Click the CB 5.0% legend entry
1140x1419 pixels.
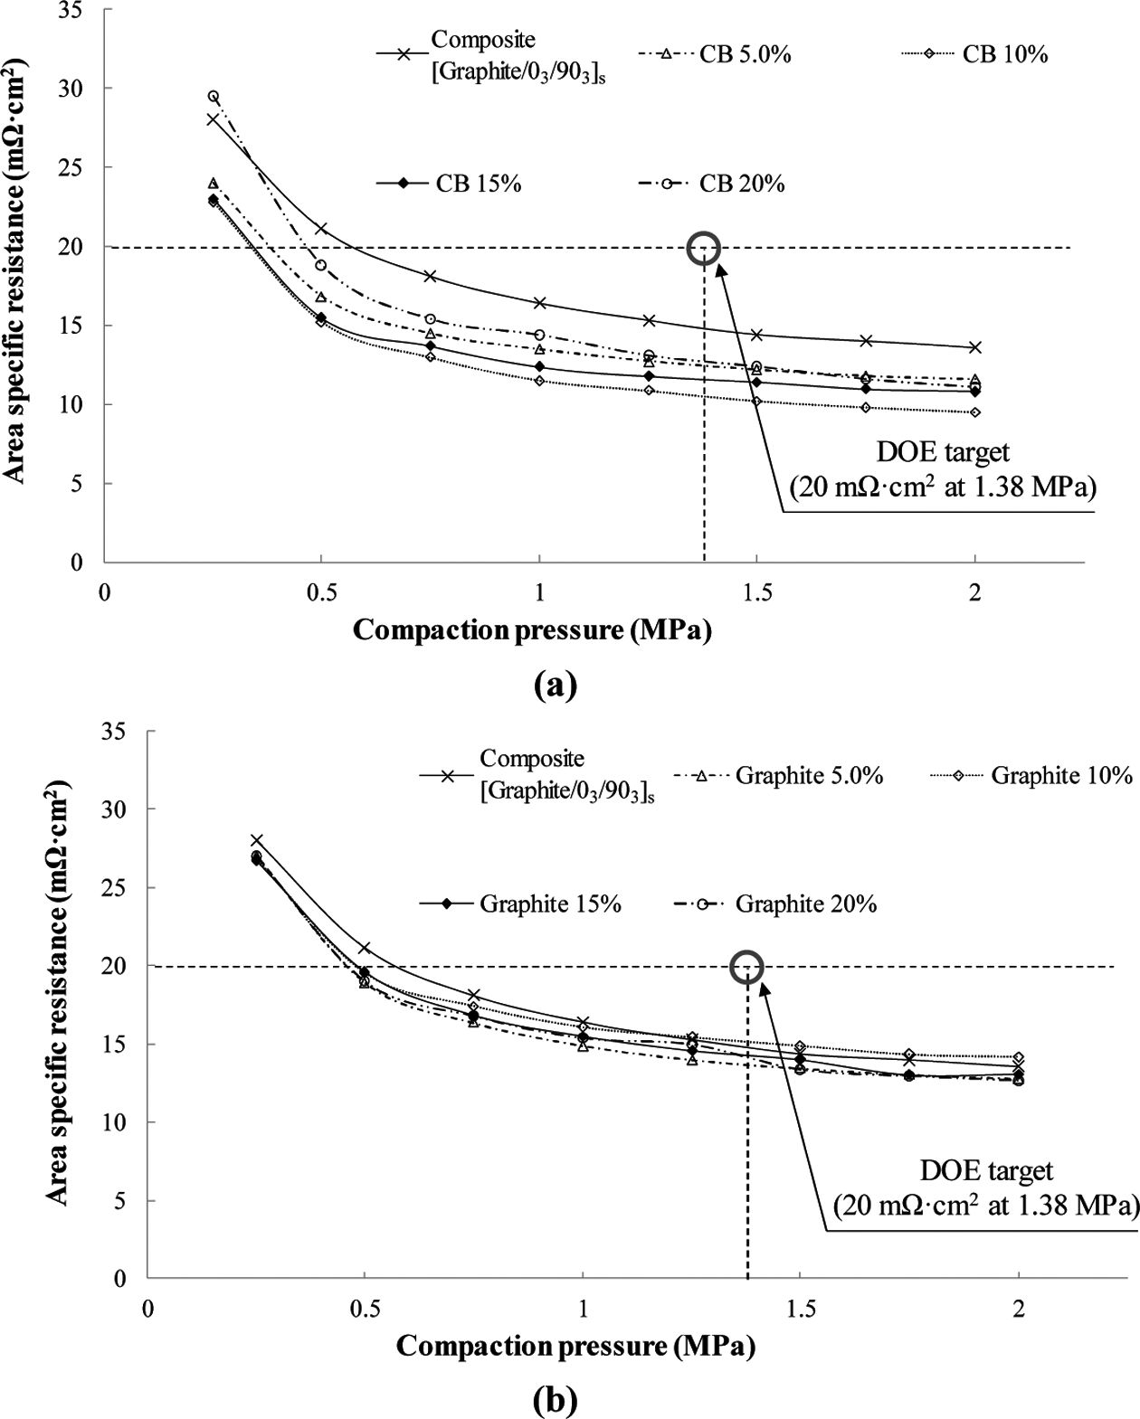745,54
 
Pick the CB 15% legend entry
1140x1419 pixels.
478,184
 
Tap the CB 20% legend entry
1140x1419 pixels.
742,184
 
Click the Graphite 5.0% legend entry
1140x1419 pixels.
809,775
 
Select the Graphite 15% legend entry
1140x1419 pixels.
550,903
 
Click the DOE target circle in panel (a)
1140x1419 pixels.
704,248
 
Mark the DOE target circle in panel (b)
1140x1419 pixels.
746,967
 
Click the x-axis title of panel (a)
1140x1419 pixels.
532,629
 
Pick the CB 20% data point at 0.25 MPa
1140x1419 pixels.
213,96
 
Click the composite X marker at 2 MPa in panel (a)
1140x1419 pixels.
975,347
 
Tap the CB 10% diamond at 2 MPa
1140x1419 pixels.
975,412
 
